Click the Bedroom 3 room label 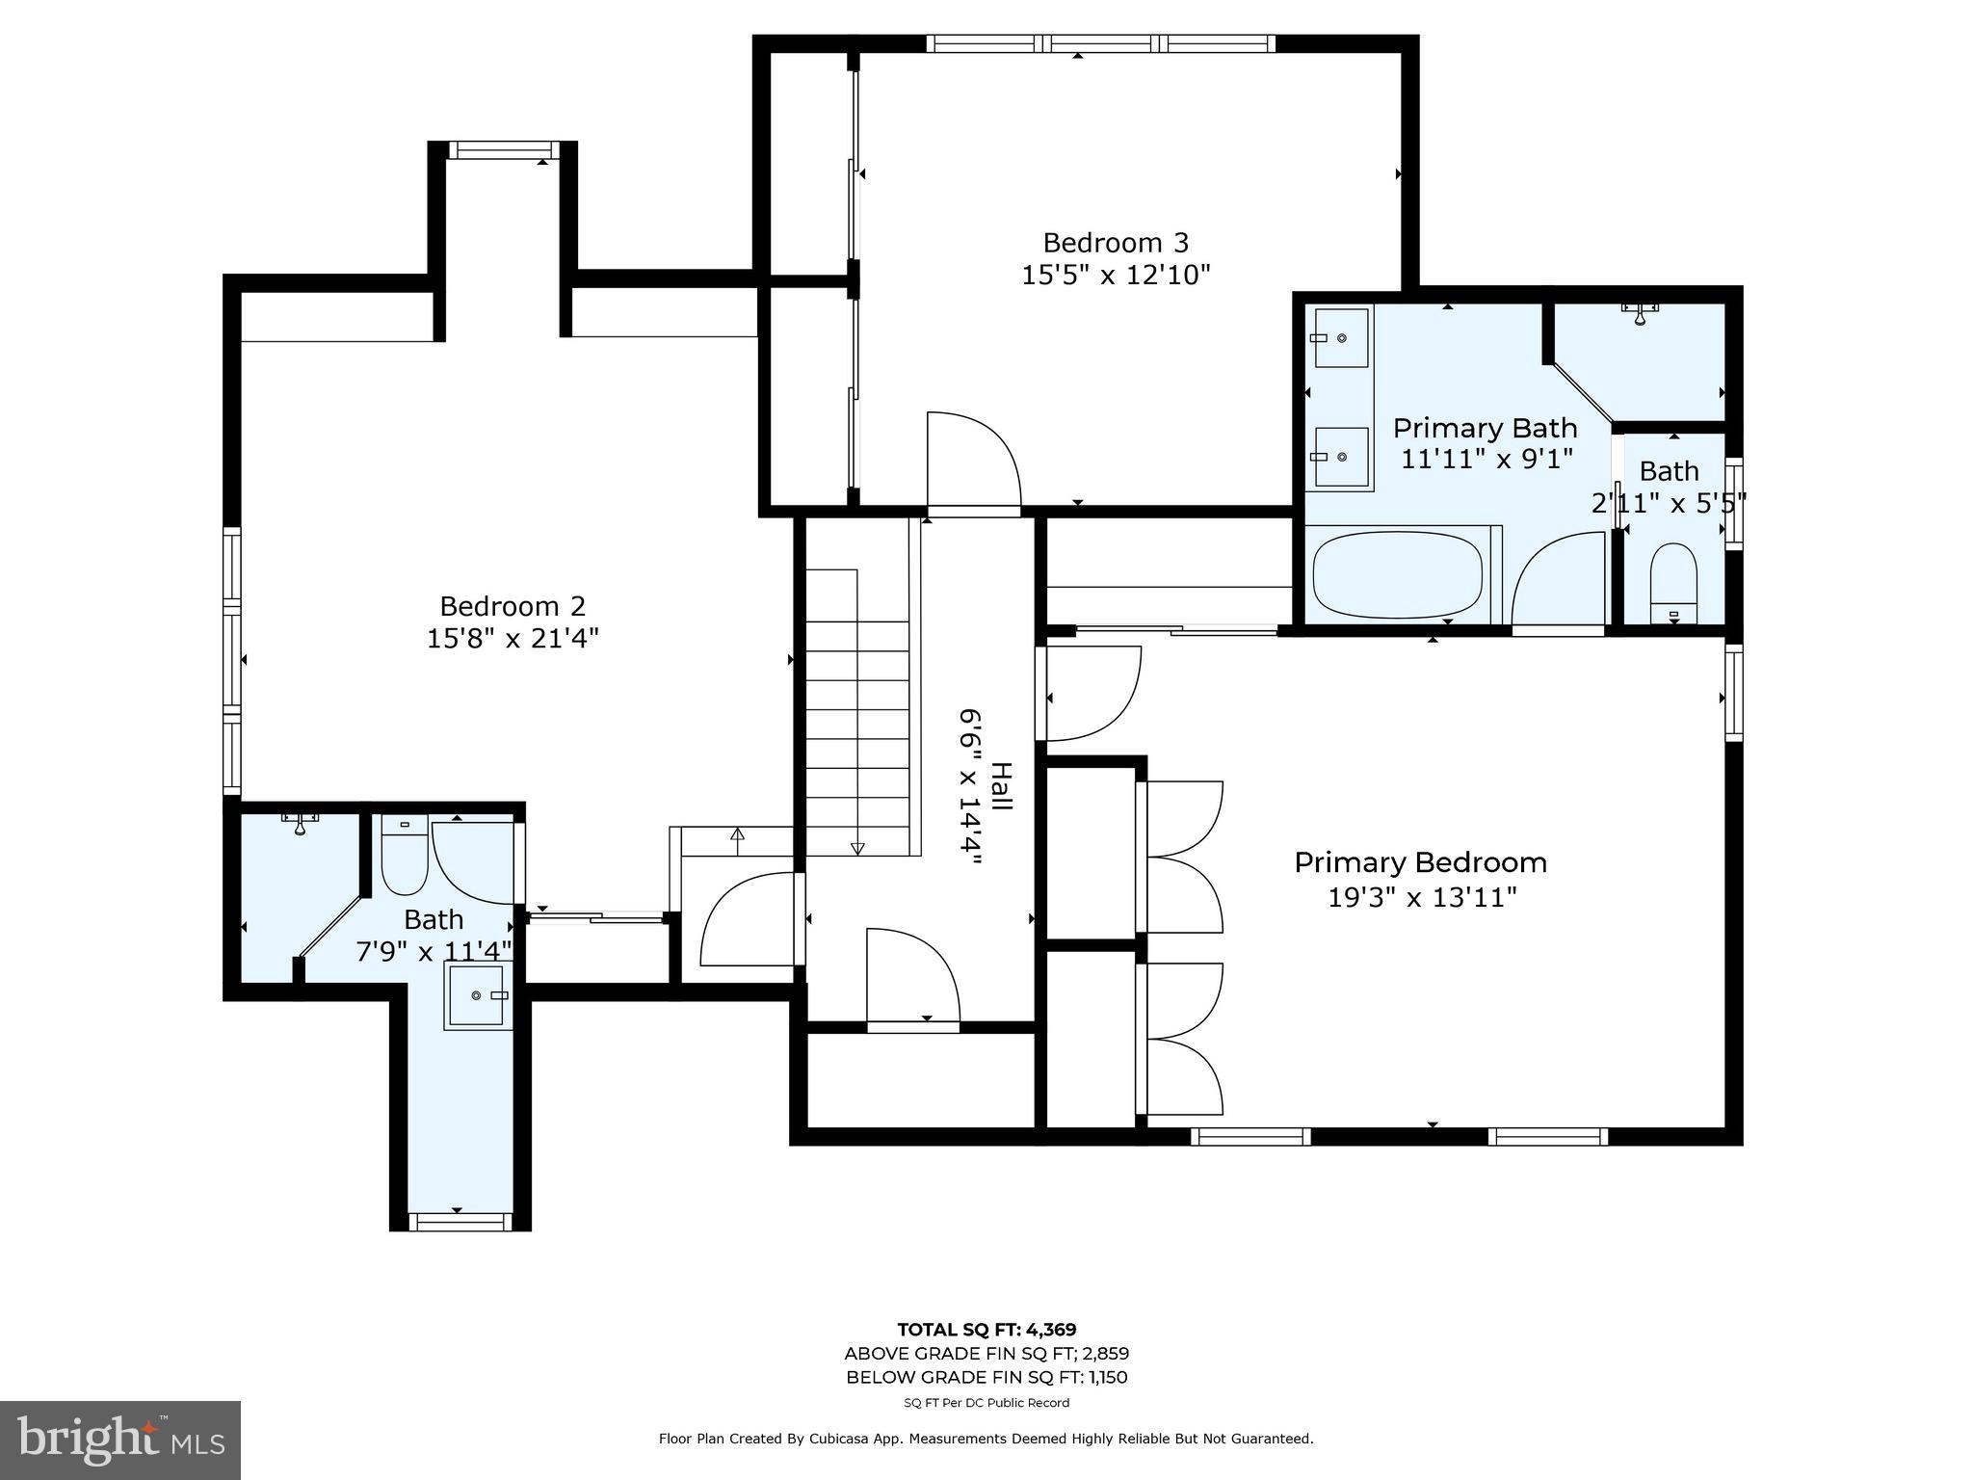pos(1116,242)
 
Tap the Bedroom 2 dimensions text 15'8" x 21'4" pos(513,639)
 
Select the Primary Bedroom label pos(1420,863)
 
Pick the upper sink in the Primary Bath pos(1341,338)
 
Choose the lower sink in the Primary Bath pos(1341,457)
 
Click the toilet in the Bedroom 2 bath pos(405,855)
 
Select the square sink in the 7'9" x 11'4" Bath pos(476,995)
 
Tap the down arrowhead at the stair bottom pos(857,849)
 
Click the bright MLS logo pos(120,1440)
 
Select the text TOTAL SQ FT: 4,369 pos(986,1330)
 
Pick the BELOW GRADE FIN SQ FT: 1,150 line pos(986,1378)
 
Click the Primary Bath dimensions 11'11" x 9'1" pos(1486,459)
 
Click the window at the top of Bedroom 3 pos(1101,43)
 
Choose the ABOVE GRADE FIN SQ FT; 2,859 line pos(986,1354)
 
